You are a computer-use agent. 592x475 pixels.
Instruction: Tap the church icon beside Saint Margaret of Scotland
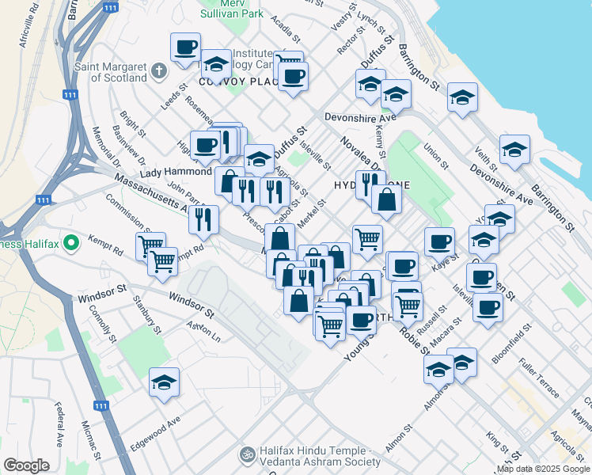[x=158, y=71]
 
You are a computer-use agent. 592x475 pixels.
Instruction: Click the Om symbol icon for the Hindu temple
[x=245, y=455]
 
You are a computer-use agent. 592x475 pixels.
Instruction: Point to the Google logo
[x=26, y=465]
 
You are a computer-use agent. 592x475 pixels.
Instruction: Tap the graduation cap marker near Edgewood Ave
[x=165, y=383]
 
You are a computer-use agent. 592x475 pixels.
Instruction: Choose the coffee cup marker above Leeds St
[x=185, y=47]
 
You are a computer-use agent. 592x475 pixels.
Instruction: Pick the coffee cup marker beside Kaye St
[x=439, y=241]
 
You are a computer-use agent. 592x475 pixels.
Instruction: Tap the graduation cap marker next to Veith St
[x=514, y=148]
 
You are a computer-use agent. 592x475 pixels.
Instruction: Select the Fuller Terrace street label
[x=539, y=379]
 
